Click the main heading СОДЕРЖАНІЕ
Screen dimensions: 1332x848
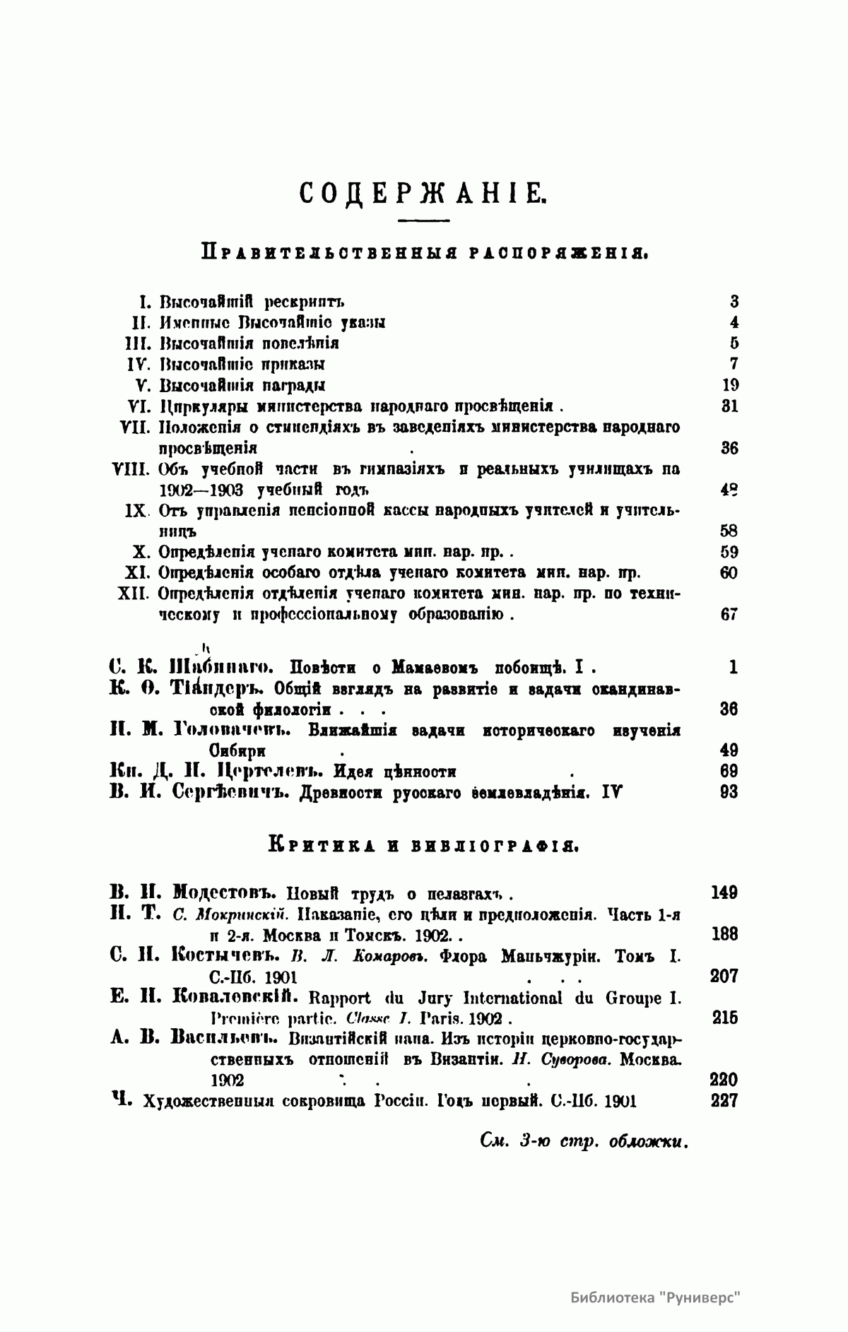point(423,192)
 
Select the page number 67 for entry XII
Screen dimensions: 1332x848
point(729,614)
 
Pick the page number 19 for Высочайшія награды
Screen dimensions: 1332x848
point(730,386)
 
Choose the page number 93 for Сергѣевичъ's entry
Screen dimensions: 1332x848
point(729,792)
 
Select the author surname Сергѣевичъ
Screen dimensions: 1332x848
point(232,792)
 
